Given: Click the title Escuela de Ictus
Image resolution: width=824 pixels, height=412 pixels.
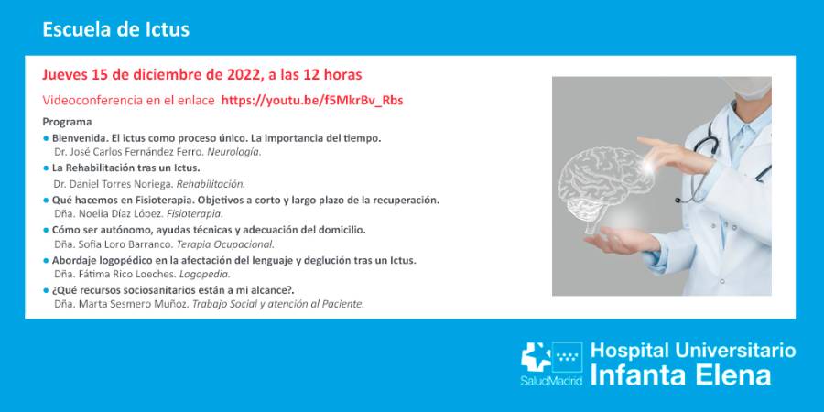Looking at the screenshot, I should click(x=116, y=29).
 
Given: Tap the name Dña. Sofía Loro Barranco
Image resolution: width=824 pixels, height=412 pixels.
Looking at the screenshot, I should click(x=113, y=244).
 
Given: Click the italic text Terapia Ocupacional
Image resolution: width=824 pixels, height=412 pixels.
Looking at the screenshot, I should click(x=225, y=244).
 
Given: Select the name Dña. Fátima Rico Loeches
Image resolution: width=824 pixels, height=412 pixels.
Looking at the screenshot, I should click(x=113, y=274).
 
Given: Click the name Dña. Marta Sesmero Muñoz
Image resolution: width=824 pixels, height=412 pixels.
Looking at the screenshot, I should click(x=120, y=304).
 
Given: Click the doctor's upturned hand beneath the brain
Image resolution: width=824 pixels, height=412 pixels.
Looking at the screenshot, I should click(x=632, y=239).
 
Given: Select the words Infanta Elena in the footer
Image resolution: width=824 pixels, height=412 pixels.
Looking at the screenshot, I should click(x=681, y=374).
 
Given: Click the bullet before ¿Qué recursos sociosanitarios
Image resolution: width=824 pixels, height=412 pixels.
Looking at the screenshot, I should click(x=46, y=290).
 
